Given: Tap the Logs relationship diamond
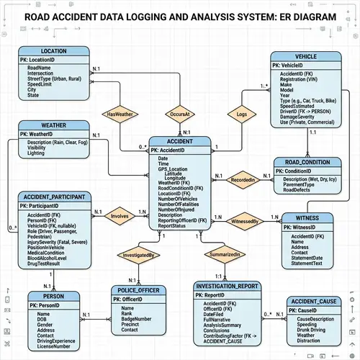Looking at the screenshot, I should (x=241, y=114).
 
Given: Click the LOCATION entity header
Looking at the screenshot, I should (x=54, y=51).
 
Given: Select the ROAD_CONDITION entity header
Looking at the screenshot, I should (x=306, y=162).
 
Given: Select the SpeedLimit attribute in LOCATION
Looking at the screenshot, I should (x=40, y=83).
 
